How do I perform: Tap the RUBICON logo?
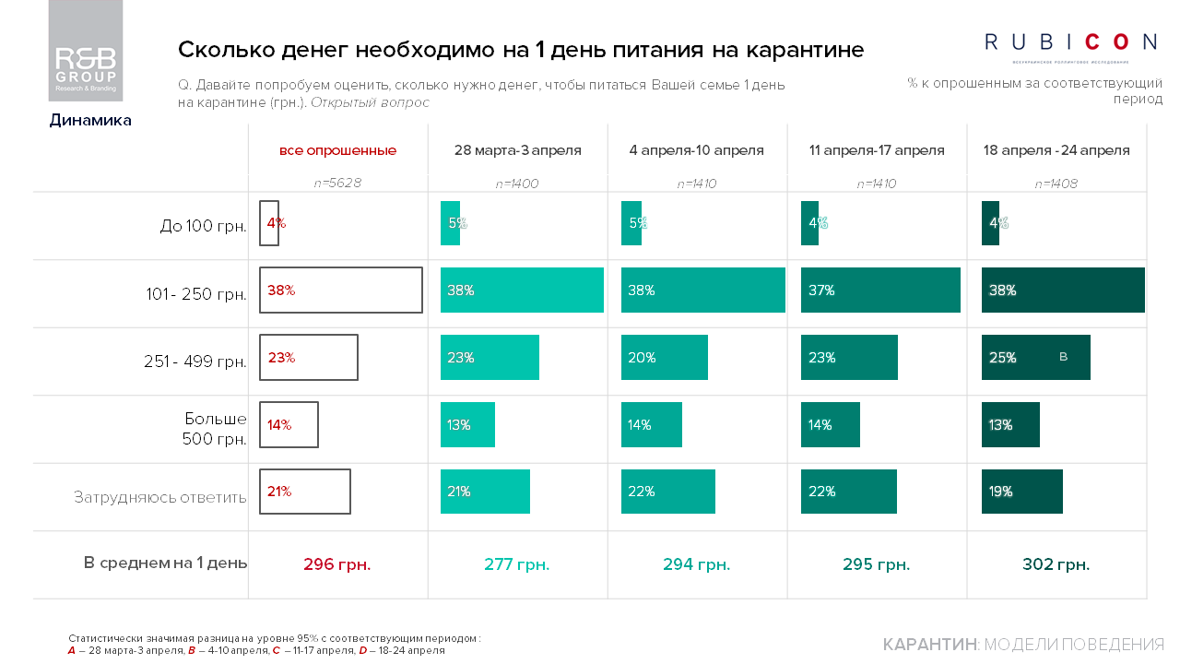(1070, 42)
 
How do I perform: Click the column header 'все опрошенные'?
(337, 150)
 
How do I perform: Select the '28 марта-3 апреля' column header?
(517, 150)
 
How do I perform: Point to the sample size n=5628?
(337, 184)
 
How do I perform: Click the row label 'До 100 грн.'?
(203, 226)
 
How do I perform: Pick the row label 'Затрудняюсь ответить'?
(160, 497)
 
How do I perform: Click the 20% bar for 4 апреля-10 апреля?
(664, 358)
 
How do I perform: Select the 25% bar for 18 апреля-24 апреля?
(1035, 358)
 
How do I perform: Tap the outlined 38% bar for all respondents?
(341, 290)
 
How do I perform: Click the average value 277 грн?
(517, 564)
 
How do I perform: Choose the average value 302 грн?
(1056, 564)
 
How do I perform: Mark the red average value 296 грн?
(337, 564)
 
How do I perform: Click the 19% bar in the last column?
(1021, 492)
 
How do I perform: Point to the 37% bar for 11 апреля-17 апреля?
(880, 290)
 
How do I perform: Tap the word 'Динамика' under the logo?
(90, 120)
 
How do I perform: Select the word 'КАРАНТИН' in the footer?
(929, 645)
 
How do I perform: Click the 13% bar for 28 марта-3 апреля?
(467, 425)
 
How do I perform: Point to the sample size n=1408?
(1056, 184)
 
